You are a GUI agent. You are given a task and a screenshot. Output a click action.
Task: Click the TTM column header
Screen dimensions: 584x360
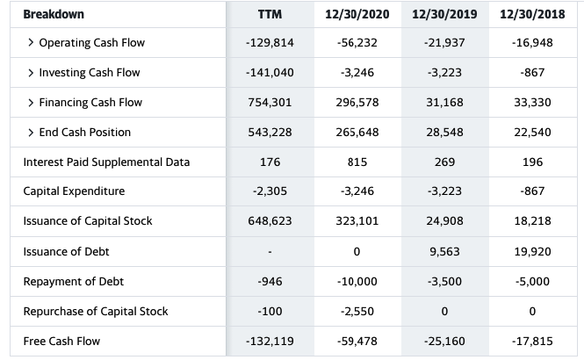270,14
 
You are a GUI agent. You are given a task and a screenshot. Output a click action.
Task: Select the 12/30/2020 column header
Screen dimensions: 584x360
357,14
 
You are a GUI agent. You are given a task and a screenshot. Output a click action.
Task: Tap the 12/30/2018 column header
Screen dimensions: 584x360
532,14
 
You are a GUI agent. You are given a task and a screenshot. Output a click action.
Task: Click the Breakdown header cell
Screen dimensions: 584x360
54,14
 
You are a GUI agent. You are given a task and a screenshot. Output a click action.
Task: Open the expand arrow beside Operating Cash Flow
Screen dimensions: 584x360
31,42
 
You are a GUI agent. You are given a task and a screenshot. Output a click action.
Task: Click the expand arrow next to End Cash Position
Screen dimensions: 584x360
31,133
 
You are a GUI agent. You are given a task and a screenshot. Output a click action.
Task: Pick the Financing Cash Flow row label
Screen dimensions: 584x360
90,103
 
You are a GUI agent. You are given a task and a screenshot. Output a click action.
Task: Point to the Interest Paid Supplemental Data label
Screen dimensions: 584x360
106,162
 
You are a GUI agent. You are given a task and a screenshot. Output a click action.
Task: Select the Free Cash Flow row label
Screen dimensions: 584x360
61,341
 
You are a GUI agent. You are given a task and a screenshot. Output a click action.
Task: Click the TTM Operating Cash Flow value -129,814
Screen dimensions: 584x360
270,43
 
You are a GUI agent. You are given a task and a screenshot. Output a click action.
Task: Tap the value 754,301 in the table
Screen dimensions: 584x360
270,103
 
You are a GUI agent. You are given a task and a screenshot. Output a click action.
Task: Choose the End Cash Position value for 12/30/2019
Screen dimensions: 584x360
444,133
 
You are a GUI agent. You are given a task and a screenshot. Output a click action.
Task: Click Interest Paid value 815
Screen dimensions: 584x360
357,162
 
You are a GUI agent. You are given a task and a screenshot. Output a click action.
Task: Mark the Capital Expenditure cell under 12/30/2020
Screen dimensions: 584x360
357,191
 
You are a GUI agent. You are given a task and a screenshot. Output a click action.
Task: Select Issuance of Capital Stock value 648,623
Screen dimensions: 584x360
270,220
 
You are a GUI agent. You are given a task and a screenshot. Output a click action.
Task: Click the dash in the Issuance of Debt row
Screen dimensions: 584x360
270,252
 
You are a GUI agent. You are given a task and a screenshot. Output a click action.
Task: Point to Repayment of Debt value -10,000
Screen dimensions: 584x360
357,282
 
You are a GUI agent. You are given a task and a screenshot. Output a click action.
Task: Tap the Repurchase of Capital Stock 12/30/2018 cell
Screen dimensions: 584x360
532,311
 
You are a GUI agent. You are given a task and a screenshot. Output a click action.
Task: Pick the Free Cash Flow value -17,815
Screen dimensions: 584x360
532,341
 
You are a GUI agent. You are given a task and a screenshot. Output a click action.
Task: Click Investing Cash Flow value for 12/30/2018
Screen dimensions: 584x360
532,72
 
